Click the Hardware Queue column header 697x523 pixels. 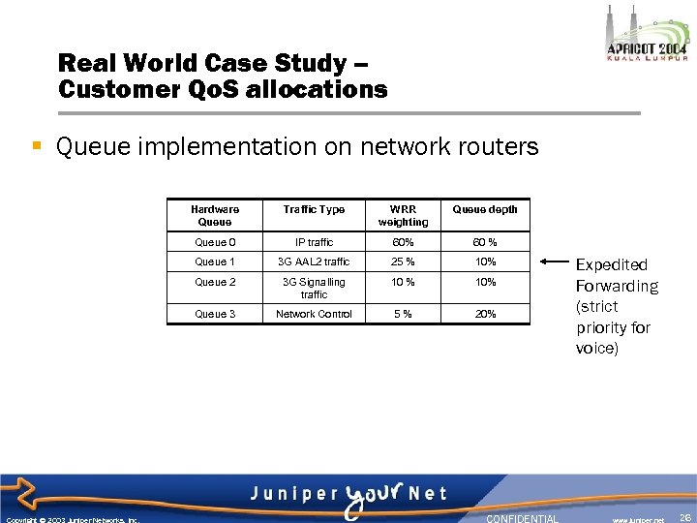(x=215, y=215)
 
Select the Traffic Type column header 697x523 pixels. (x=314, y=209)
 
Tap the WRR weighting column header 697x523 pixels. (x=403, y=215)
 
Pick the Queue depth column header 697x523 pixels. (x=485, y=209)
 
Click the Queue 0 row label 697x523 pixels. (x=215, y=242)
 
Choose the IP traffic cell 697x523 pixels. (x=314, y=242)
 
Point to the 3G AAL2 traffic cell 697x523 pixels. (x=314, y=261)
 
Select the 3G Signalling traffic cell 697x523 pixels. (x=314, y=288)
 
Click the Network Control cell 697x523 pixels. (x=314, y=314)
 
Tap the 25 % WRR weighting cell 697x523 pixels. (x=403, y=261)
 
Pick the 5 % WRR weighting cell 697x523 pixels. (x=403, y=314)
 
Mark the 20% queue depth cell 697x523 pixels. (x=485, y=314)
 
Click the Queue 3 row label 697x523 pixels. (x=215, y=314)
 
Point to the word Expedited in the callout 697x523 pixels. (x=612, y=264)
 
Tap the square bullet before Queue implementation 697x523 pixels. (x=37, y=146)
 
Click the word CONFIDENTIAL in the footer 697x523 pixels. (x=522, y=518)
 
